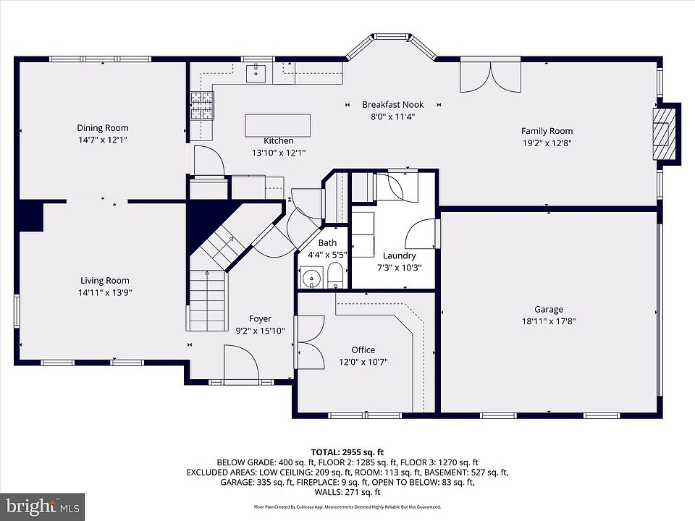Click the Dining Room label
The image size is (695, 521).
(103, 127)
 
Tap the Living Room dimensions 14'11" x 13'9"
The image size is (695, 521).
(105, 292)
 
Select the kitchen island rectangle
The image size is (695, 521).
(277, 125)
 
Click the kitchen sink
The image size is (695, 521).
(256, 74)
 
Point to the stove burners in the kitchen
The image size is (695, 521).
(202, 106)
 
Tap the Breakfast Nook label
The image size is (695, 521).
(392, 104)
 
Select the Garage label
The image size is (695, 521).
(549, 309)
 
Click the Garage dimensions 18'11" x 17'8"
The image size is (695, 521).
(549, 321)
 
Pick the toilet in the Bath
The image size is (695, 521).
(335, 275)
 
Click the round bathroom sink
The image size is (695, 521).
(312, 278)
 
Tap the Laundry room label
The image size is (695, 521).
(400, 255)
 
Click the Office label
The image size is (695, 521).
(363, 350)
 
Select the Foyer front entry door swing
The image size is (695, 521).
(242, 363)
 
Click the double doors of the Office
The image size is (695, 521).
(311, 342)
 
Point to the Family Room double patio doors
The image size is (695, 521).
(490, 76)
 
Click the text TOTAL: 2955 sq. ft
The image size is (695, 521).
(347, 452)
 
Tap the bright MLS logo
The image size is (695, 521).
(43, 506)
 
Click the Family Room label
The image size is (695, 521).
(547, 131)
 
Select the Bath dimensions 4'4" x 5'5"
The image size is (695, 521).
(327, 255)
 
